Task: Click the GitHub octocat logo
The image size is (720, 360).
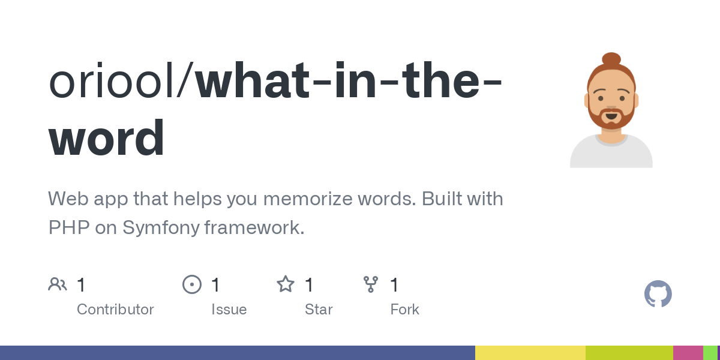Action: (658, 294)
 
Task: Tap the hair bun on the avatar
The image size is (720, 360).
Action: (611, 59)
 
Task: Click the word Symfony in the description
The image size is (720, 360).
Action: (161, 228)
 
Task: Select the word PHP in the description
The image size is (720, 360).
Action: (69, 227)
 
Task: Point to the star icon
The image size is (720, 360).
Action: (286, 284)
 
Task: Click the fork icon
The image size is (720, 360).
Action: (371, 284)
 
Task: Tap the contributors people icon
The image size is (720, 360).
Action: (58, 284)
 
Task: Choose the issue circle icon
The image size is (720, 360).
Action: (192, 284)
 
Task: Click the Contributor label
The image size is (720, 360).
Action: (115, 310)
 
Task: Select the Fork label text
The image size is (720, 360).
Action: (404, 310)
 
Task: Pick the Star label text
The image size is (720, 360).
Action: (319, 310)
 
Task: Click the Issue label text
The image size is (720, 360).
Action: (229, 310)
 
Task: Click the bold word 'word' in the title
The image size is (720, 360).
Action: (106, 137)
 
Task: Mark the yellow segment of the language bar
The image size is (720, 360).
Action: (530, 353)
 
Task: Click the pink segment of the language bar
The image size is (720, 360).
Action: (688, 353)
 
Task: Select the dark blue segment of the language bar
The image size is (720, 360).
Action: (238, 353)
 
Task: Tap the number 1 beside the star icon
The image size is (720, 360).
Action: (309, 285)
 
